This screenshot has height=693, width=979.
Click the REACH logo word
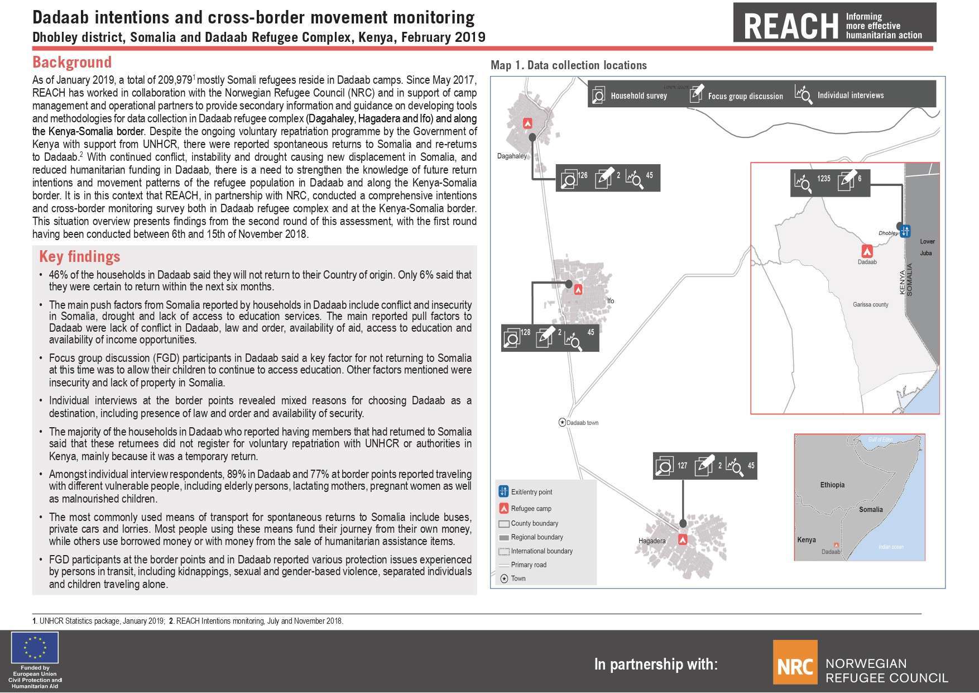pyautogui.click(x=791, y=26)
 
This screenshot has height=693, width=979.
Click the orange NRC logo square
pyautogui.click(x=795, y=662)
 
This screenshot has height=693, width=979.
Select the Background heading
pyautogui.click(x=72, y=62)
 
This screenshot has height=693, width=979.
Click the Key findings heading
pyautogui.click(x=79, y=256)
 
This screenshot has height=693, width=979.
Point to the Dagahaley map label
pyautogui.click(x=511, y=156)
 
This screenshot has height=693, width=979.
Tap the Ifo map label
pyautogui.click(x=611, y=301)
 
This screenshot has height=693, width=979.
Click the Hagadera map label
pyautogui.click(x=652, y=541)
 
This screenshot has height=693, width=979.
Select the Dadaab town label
pyautogui.click(x=582, y=423)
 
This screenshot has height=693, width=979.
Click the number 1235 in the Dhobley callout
pyautogui.click(x=823, y=179)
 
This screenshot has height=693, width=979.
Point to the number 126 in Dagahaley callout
pyautogui.click(x=582, y=175)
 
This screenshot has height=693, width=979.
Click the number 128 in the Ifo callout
pyautogui.click(x=525, y=332)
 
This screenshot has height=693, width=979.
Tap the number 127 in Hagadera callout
pyautogui.click(x=682, y=465)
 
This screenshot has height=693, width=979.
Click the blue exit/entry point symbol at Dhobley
pyautogui.click(x=905, y=230)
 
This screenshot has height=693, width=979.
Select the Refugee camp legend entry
pyautogui.click(x=531, y=509)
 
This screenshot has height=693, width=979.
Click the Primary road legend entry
pyautogui.click(x=529, y=565)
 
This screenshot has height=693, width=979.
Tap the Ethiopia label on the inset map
pyautogui.click(x=832, y=485)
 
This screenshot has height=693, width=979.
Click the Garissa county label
pyautogui.click(x=870, y=305)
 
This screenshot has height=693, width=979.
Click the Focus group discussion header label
pyautogui.click(x=745, y=96)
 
